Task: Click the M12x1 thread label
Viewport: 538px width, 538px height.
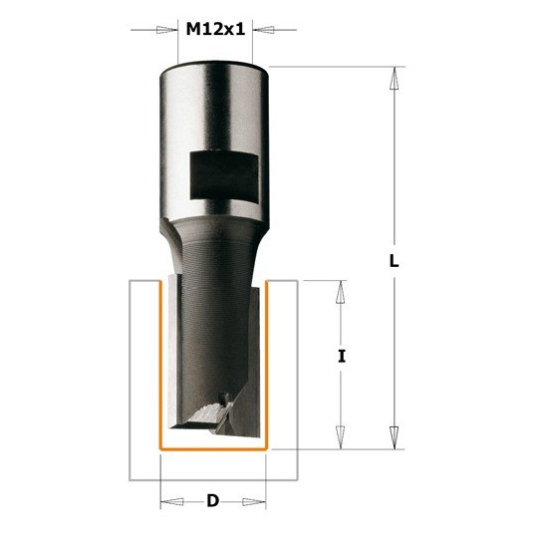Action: click(x=215, y=29)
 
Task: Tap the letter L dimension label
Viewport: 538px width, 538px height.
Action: click(x=394, y=262)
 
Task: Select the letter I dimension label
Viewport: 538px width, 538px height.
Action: click(x=341, y=356)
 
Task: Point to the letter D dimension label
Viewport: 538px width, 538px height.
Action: click(x=213, y=501)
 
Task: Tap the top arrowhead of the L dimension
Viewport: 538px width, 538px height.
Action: click(x=395, y=79)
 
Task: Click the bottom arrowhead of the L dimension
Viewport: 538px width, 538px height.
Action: click(x=395, y=437)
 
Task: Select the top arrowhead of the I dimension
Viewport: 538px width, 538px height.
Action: click(x=341, y=292)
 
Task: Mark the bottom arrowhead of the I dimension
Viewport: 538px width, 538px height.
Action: click(x=341, y=437)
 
